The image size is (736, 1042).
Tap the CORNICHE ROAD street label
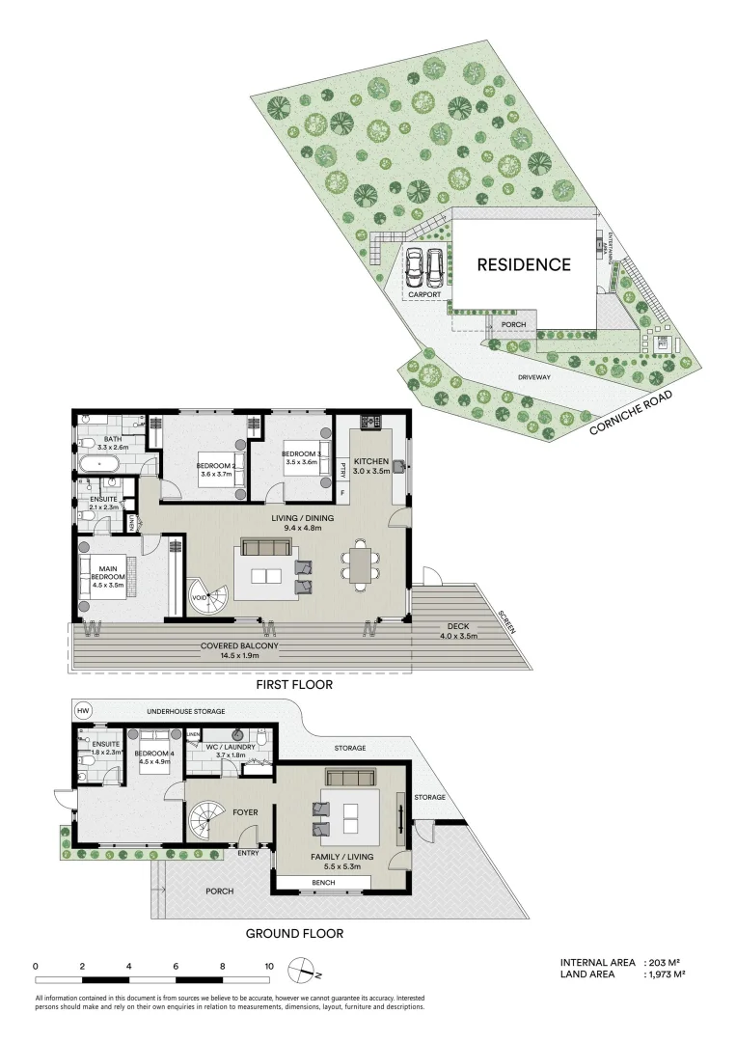(640, 413)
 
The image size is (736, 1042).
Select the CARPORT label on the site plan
(423, 294)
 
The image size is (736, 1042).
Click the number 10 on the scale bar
(268, 966)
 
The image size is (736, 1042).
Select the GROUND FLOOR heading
(294, 933)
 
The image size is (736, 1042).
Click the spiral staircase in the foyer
(206, 826)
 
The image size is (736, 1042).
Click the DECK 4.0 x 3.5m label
(458, 631)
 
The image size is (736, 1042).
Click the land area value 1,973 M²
(666, 974)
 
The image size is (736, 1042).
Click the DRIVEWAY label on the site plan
(532, 377)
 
